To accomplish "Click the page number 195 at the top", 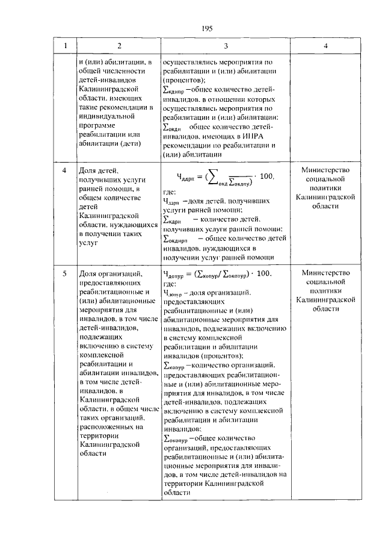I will coord(208,28).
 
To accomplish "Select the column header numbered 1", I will coord(66,46).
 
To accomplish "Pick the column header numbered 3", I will coord(225,46).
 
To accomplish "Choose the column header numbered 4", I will coord(325,46).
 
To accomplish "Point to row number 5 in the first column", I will coord(66,274).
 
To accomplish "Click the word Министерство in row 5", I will coord(325,273).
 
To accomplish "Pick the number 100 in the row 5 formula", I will coord(264,274).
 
